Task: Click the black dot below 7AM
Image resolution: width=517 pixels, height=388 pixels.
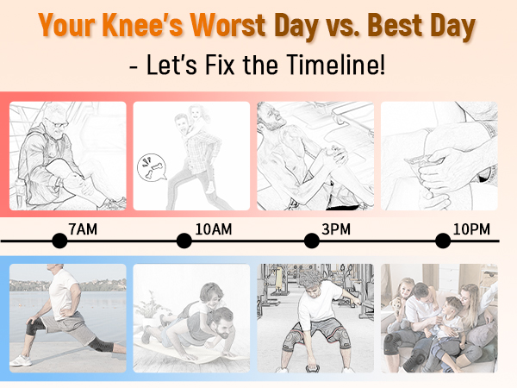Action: coord(59,241)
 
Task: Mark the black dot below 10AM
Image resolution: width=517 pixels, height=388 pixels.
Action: coord(184,241)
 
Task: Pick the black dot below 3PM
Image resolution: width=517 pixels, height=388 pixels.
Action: coord(312,241)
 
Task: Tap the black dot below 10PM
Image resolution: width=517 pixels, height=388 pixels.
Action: coord(443,241)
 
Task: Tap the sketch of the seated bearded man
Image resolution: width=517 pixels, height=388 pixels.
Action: coord(67,156)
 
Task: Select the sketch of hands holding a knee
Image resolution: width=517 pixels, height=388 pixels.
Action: coord(439,156)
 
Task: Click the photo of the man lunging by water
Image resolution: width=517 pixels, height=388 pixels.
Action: coord(67,317)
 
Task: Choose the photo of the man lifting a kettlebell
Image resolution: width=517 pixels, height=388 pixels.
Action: coord(315,317)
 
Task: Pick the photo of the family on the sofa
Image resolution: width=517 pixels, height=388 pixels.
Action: coord(439,317)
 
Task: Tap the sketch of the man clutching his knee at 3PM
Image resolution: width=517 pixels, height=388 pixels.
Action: coord(315,156)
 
